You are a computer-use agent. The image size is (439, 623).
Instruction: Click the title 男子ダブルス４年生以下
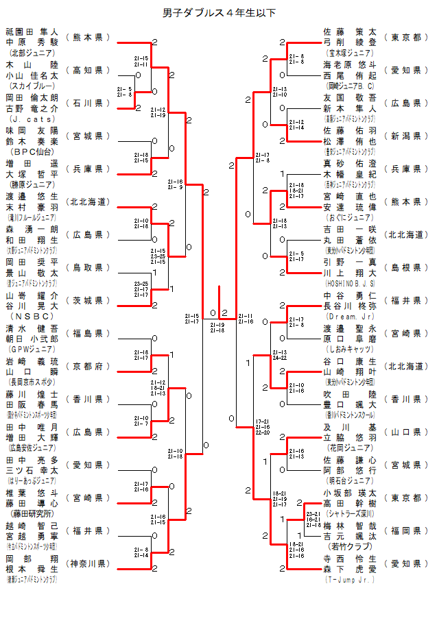coord(219,12)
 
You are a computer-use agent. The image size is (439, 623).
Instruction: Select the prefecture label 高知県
coord(87,70)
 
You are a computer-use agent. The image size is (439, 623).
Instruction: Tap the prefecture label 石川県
coord(87,103)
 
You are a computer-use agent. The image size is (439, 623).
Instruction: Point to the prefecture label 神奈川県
coord(87,563)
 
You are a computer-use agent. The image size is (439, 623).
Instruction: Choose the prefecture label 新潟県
coord(405,136)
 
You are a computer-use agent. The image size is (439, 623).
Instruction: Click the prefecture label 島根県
coord(405,267)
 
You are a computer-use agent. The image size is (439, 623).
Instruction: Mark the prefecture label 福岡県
coord(405,530)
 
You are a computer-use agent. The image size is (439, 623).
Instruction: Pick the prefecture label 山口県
coord(405,432)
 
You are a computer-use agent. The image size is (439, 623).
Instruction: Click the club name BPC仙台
coord(32,151)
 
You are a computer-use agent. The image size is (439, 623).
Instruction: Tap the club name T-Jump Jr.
coord(350,579)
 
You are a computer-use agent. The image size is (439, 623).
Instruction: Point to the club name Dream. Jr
coord(350,316)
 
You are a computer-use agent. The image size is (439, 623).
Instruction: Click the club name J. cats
coord(32,118)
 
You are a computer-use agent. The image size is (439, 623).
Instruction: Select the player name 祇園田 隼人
coord(32,31)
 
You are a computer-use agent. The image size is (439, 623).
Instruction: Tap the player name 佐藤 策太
coord(350,31)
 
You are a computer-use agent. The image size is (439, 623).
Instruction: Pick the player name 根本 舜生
coord(32,569)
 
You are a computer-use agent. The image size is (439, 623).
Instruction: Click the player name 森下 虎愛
coord(350,569)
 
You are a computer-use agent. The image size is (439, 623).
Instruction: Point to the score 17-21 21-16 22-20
coord(262,427)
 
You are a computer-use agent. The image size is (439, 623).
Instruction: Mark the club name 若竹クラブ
coord(350,546)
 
